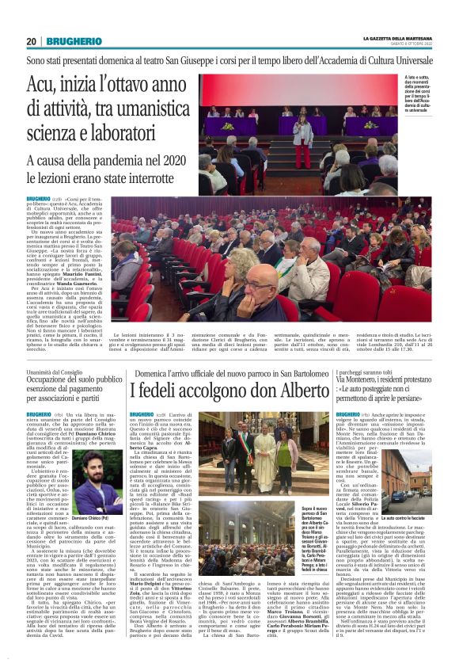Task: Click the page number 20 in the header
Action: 32,41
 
